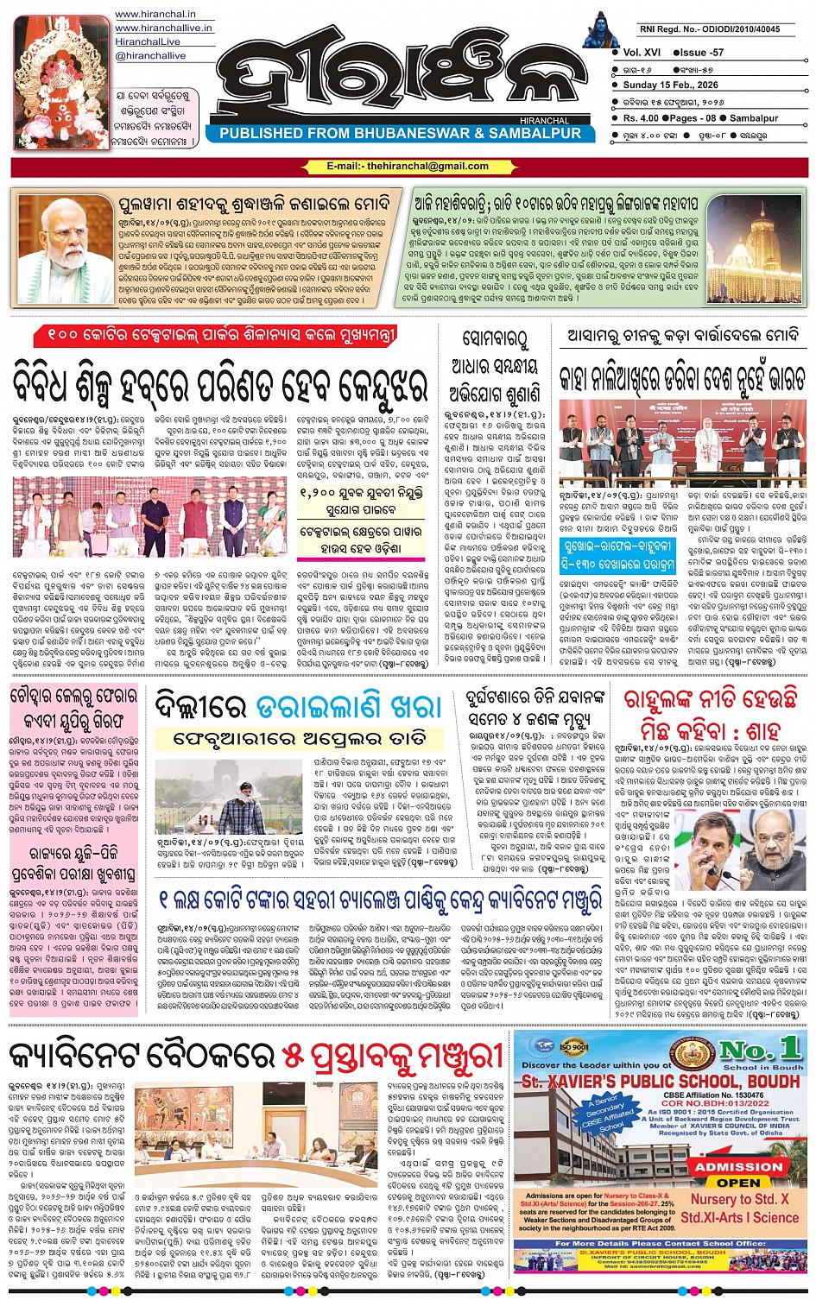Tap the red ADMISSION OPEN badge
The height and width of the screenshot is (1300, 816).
click(738, 1173)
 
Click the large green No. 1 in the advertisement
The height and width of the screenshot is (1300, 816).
click(760, 1051)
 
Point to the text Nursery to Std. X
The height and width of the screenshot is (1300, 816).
click(739, 1199)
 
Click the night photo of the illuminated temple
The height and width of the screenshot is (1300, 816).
click(754, 248)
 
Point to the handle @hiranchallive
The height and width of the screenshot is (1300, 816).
click(151, 55)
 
